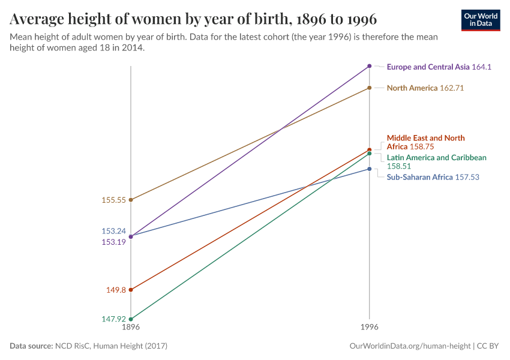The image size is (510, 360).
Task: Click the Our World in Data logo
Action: pyautogui.click(x=480, y=20)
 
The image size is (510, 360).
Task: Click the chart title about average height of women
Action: pyautogui.click(x=193, y=19)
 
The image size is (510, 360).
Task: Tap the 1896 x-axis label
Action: pyautogui.click(x=131, y=328)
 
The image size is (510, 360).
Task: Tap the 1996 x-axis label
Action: pyautogui.click(x=370, y=328)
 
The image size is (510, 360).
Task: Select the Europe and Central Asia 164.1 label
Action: pyautogui.click(x=439, y=67)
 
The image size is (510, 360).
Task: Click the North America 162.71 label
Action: pyautogui.click(x=425, y=88)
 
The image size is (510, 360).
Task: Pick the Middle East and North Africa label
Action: pyautogui.click(x=425, y=142)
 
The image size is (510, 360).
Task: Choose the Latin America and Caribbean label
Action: pyautogui.click(x=436, y=162)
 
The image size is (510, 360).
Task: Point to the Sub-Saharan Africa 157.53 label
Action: pyautogui.click(x=433, y=178)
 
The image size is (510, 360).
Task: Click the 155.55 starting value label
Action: pyautogui.click(x=114, y=200)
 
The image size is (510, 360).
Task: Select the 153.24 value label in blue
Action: pyautogui.click(x=114, y=231)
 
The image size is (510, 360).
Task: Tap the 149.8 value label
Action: pyautogui.click(x=116, y=290)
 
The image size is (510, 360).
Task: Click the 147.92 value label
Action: pyautogui.click(x=114, y=319)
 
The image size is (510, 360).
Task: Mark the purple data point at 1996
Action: pyautogui.click(x=370, y=66)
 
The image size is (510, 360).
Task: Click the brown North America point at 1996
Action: pyautogui.click(x=370, y=88)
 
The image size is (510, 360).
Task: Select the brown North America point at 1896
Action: pyautogui.click(x=131, y=200)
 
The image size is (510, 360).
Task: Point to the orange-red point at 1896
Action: pyautogui.click(x=131, y=290)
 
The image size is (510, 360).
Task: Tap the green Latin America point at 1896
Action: pyautogui.click(x=131, y=319)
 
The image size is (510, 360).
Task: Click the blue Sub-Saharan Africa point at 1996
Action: pyautogui.click(x=370, y=169)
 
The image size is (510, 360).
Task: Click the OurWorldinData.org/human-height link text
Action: pyautogui.click(x=410, y=346)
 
